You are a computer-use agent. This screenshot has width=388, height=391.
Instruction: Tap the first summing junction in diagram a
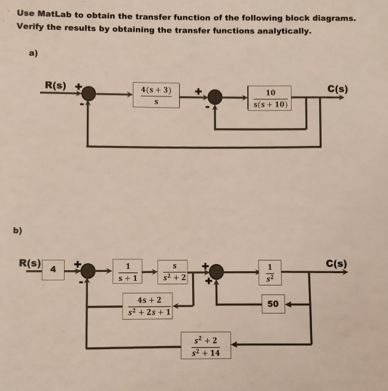click(x=89, y=93)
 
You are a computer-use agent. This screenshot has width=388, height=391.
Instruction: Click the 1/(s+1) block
click(x=127, y=271)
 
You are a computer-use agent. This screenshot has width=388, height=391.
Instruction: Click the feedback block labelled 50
click(x=272, y=304)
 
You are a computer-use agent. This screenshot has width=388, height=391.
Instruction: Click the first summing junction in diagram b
click(x=89, y=271)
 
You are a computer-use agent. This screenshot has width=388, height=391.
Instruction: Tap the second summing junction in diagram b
click(x=216, y=272)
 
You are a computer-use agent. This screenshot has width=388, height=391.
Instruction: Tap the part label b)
click(x=18, y=229)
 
